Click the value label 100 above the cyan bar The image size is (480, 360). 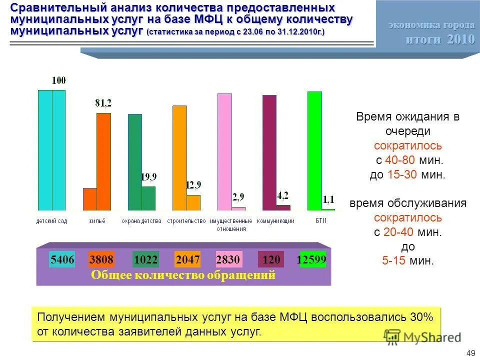click(x=59, y=80)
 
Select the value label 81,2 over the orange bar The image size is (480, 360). click(x=103, y=103)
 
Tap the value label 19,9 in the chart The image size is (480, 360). click(x=148, y=176)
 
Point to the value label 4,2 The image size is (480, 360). click(x=283, y=195)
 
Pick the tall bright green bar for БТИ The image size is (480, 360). click(x=314, y=150)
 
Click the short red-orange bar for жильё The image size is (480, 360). click(x=89, y=199)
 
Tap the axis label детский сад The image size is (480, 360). click(x=51, y=221)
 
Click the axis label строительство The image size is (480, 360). click(x=186, y=221)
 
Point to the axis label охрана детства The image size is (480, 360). click(x=141, y=221)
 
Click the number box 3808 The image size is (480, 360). click(x=101, y=260)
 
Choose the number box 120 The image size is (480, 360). click(x=271, y=260)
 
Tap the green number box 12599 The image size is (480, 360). click(x=312, y=260)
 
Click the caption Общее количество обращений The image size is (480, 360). click(x=183, y=275)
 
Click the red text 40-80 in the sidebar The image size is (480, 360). click(x=398, y=160)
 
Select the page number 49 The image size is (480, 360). click(x=470, y=353)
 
